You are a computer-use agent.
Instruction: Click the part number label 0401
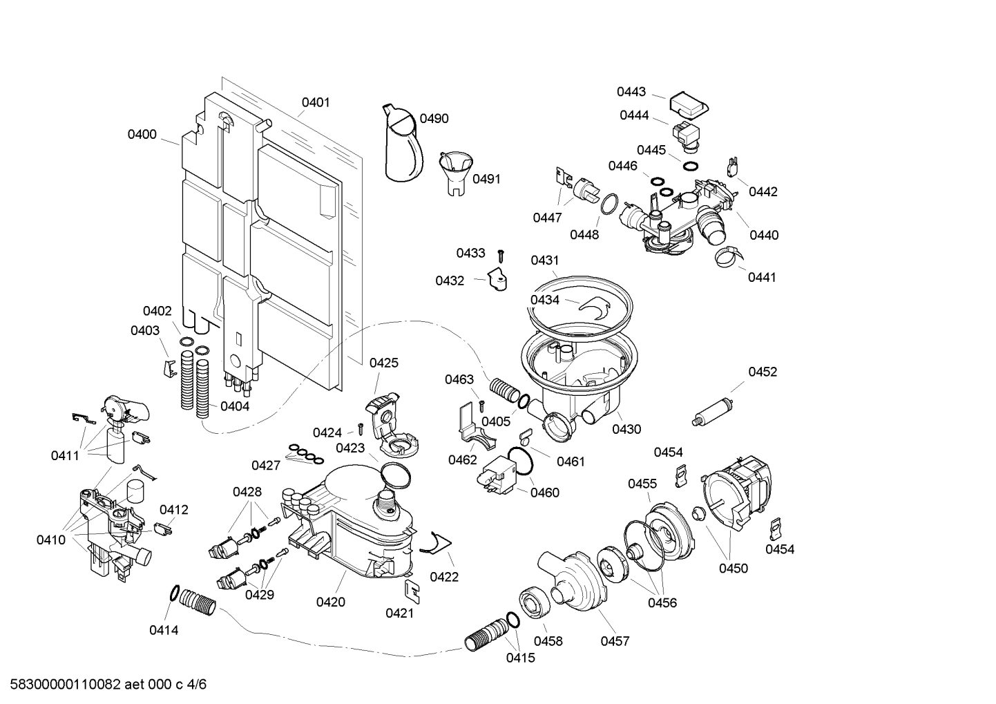[316, 102]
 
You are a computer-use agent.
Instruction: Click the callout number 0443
[631, 92]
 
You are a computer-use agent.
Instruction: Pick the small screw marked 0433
[502, 255]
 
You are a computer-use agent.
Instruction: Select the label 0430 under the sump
[626, 429]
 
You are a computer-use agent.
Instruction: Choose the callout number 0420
[331, 602]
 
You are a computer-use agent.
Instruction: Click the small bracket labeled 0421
[412, 589]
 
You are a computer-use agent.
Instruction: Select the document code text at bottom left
[104, 685]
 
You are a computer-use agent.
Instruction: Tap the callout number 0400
[142, 135]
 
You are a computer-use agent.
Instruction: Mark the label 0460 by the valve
[545, 493]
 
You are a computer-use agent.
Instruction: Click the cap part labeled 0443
[689, 105]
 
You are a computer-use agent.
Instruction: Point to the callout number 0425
[383, 363]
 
